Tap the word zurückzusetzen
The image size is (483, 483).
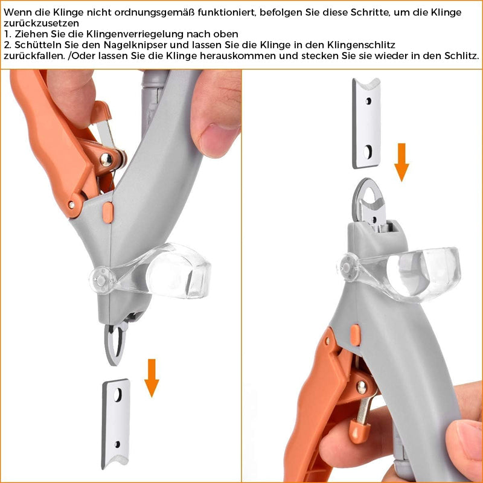pos(41,24)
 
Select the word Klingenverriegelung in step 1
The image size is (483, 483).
pos(141,34)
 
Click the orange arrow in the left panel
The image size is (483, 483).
pos(152,378)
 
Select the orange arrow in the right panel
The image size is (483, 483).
pos(401,162)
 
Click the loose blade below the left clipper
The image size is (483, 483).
pos(116,424)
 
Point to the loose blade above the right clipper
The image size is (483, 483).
pos(366,123)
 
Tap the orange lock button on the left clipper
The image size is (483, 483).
pos(107,213)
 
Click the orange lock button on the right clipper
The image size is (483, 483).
pos(355,335)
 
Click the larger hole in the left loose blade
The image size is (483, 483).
pos(118,395)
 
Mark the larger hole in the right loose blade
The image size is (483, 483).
pos(367,152)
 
